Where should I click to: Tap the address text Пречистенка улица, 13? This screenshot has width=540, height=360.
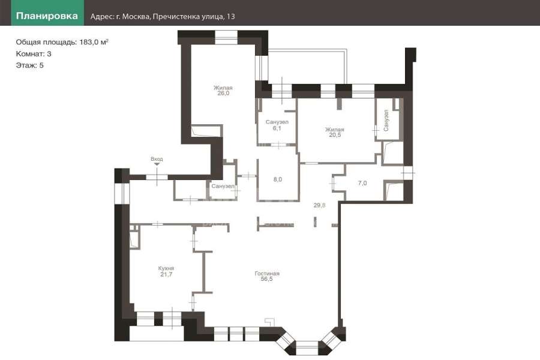pyautogui.click(x=194, y=17)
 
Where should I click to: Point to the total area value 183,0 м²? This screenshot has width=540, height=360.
pyautogui.click(x=94, y=42)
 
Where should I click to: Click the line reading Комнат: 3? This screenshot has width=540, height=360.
pyautogui.click(x=34, y=54)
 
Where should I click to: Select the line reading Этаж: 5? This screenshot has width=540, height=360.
pyautogui.click(x=29, y=65)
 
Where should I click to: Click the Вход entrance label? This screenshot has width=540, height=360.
pyautogui.click(x=157, y=159)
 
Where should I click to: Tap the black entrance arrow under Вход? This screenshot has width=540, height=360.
pyautogui.click(x=157, y=164)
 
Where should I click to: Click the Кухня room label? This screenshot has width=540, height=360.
pyautogui.click(x=166, y=268)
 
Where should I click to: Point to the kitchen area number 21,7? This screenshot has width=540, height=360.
pyautogui.click(x=166, y=274)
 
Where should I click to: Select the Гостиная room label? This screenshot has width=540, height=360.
pyautogui.click(x=267, y=274)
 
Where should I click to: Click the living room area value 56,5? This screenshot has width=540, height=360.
pyautogui.click(x=266, y=279)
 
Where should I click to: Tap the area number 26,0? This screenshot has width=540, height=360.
pyautogui.click(x=223, y=93)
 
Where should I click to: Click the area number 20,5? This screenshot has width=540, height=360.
pyautogui.click(x=335, y=135)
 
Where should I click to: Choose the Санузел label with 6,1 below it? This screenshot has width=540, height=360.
pyautogui.click(x=277, y=122)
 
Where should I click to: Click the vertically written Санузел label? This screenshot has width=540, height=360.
pyautogui.click(x=386, y=120)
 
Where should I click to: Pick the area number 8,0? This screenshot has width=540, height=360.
pyautogui.click(x=278, y=179)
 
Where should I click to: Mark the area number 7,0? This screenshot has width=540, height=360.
pyautogui.click(x=362, y=183)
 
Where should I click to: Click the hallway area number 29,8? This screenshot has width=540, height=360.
pyautogui.click(x=319, y=205)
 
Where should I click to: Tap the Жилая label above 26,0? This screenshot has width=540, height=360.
pyautogui.click(x=223, y=88)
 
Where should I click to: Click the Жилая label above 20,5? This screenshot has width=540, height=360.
pyautogui.click(x=335, y=130)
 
